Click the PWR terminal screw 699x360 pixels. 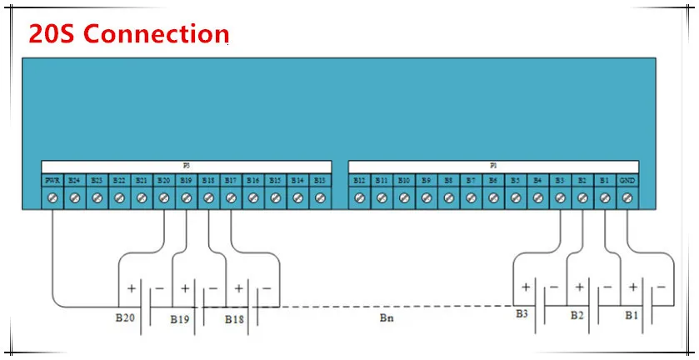(52, 198)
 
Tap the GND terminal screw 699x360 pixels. (627, 198)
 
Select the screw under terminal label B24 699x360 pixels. (74, 198)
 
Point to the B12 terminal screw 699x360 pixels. (359, 198)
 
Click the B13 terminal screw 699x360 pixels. (320, 198)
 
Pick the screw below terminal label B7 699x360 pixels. (471, 198)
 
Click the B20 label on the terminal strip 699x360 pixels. (163, 180)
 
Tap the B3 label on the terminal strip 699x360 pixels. (560, 180)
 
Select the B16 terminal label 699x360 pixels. (253, 180)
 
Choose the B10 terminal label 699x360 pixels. (404, 180)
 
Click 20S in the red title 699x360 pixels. (52, 33)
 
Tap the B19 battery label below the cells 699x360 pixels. (180, 319)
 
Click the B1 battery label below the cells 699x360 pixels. (631, 316)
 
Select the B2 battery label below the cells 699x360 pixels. (577, 316)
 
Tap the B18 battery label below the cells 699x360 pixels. (234, 319)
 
